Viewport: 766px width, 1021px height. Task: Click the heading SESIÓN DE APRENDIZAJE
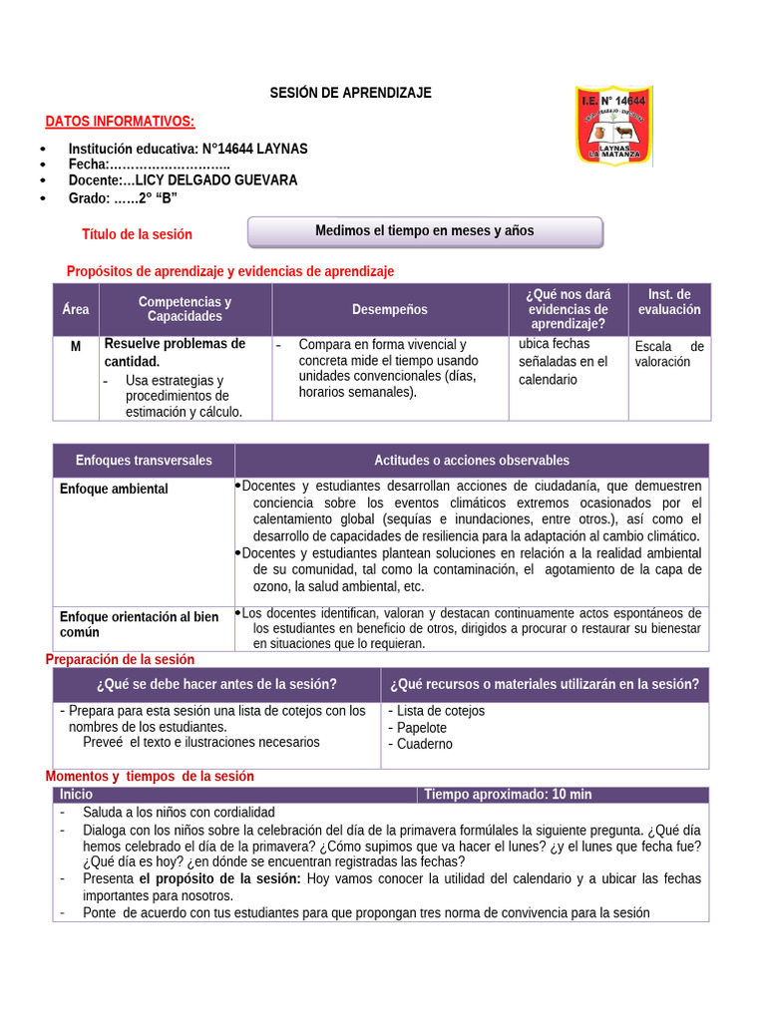350,93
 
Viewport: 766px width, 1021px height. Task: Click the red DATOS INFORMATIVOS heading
120,122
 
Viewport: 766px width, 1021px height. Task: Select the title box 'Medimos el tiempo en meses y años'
425,231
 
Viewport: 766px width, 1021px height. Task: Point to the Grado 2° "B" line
123,197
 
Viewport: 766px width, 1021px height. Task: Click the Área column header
76,309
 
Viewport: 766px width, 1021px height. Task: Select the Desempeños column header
389,309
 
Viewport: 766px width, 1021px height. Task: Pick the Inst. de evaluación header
668,302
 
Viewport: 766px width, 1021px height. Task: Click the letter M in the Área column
76,345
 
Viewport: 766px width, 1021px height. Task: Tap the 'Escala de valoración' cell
668,354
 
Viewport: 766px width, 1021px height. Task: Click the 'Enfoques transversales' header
144,461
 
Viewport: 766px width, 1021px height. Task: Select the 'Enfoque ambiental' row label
114,490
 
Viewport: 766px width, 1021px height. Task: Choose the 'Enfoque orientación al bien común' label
139,624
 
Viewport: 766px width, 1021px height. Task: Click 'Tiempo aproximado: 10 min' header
508,795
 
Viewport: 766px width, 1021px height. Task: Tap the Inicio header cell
76,795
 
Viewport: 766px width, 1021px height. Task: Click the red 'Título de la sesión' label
137,234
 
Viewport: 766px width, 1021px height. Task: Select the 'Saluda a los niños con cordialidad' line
179,813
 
